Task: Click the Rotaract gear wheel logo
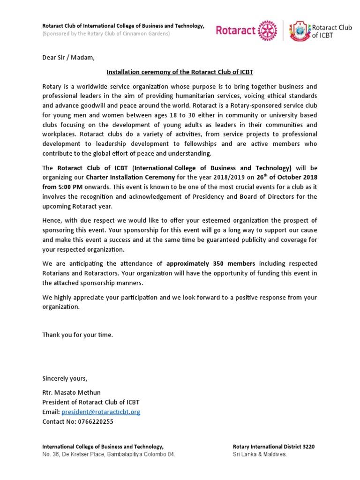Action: pyautogui.click(x=268, y=31)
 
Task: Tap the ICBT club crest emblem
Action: pyautogui.click(x=300, y=31)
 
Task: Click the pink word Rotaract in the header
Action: pyautogui.click(x=236, y=31)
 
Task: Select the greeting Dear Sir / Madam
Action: pyautogui.click(x=68, y=58)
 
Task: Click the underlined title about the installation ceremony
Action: pyautogui.click(x=180, y=72)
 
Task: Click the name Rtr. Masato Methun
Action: pyautogui.click(x=71, y=392)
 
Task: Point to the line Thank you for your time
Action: pyautogui.click(x=77, y=335)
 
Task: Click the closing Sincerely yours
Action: pyautogui.click(x=65, y=378)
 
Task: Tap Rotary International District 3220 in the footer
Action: pyautogui.click(x=273, y=447)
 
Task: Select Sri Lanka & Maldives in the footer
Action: pyautogui.click(x=259, y=455)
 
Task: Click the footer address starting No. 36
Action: pyautogui.click(x=109, y=455)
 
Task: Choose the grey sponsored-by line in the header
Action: pyautogui.click(x=106, y=34)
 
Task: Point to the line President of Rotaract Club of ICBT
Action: pyautogui.click(x=91, y=402)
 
